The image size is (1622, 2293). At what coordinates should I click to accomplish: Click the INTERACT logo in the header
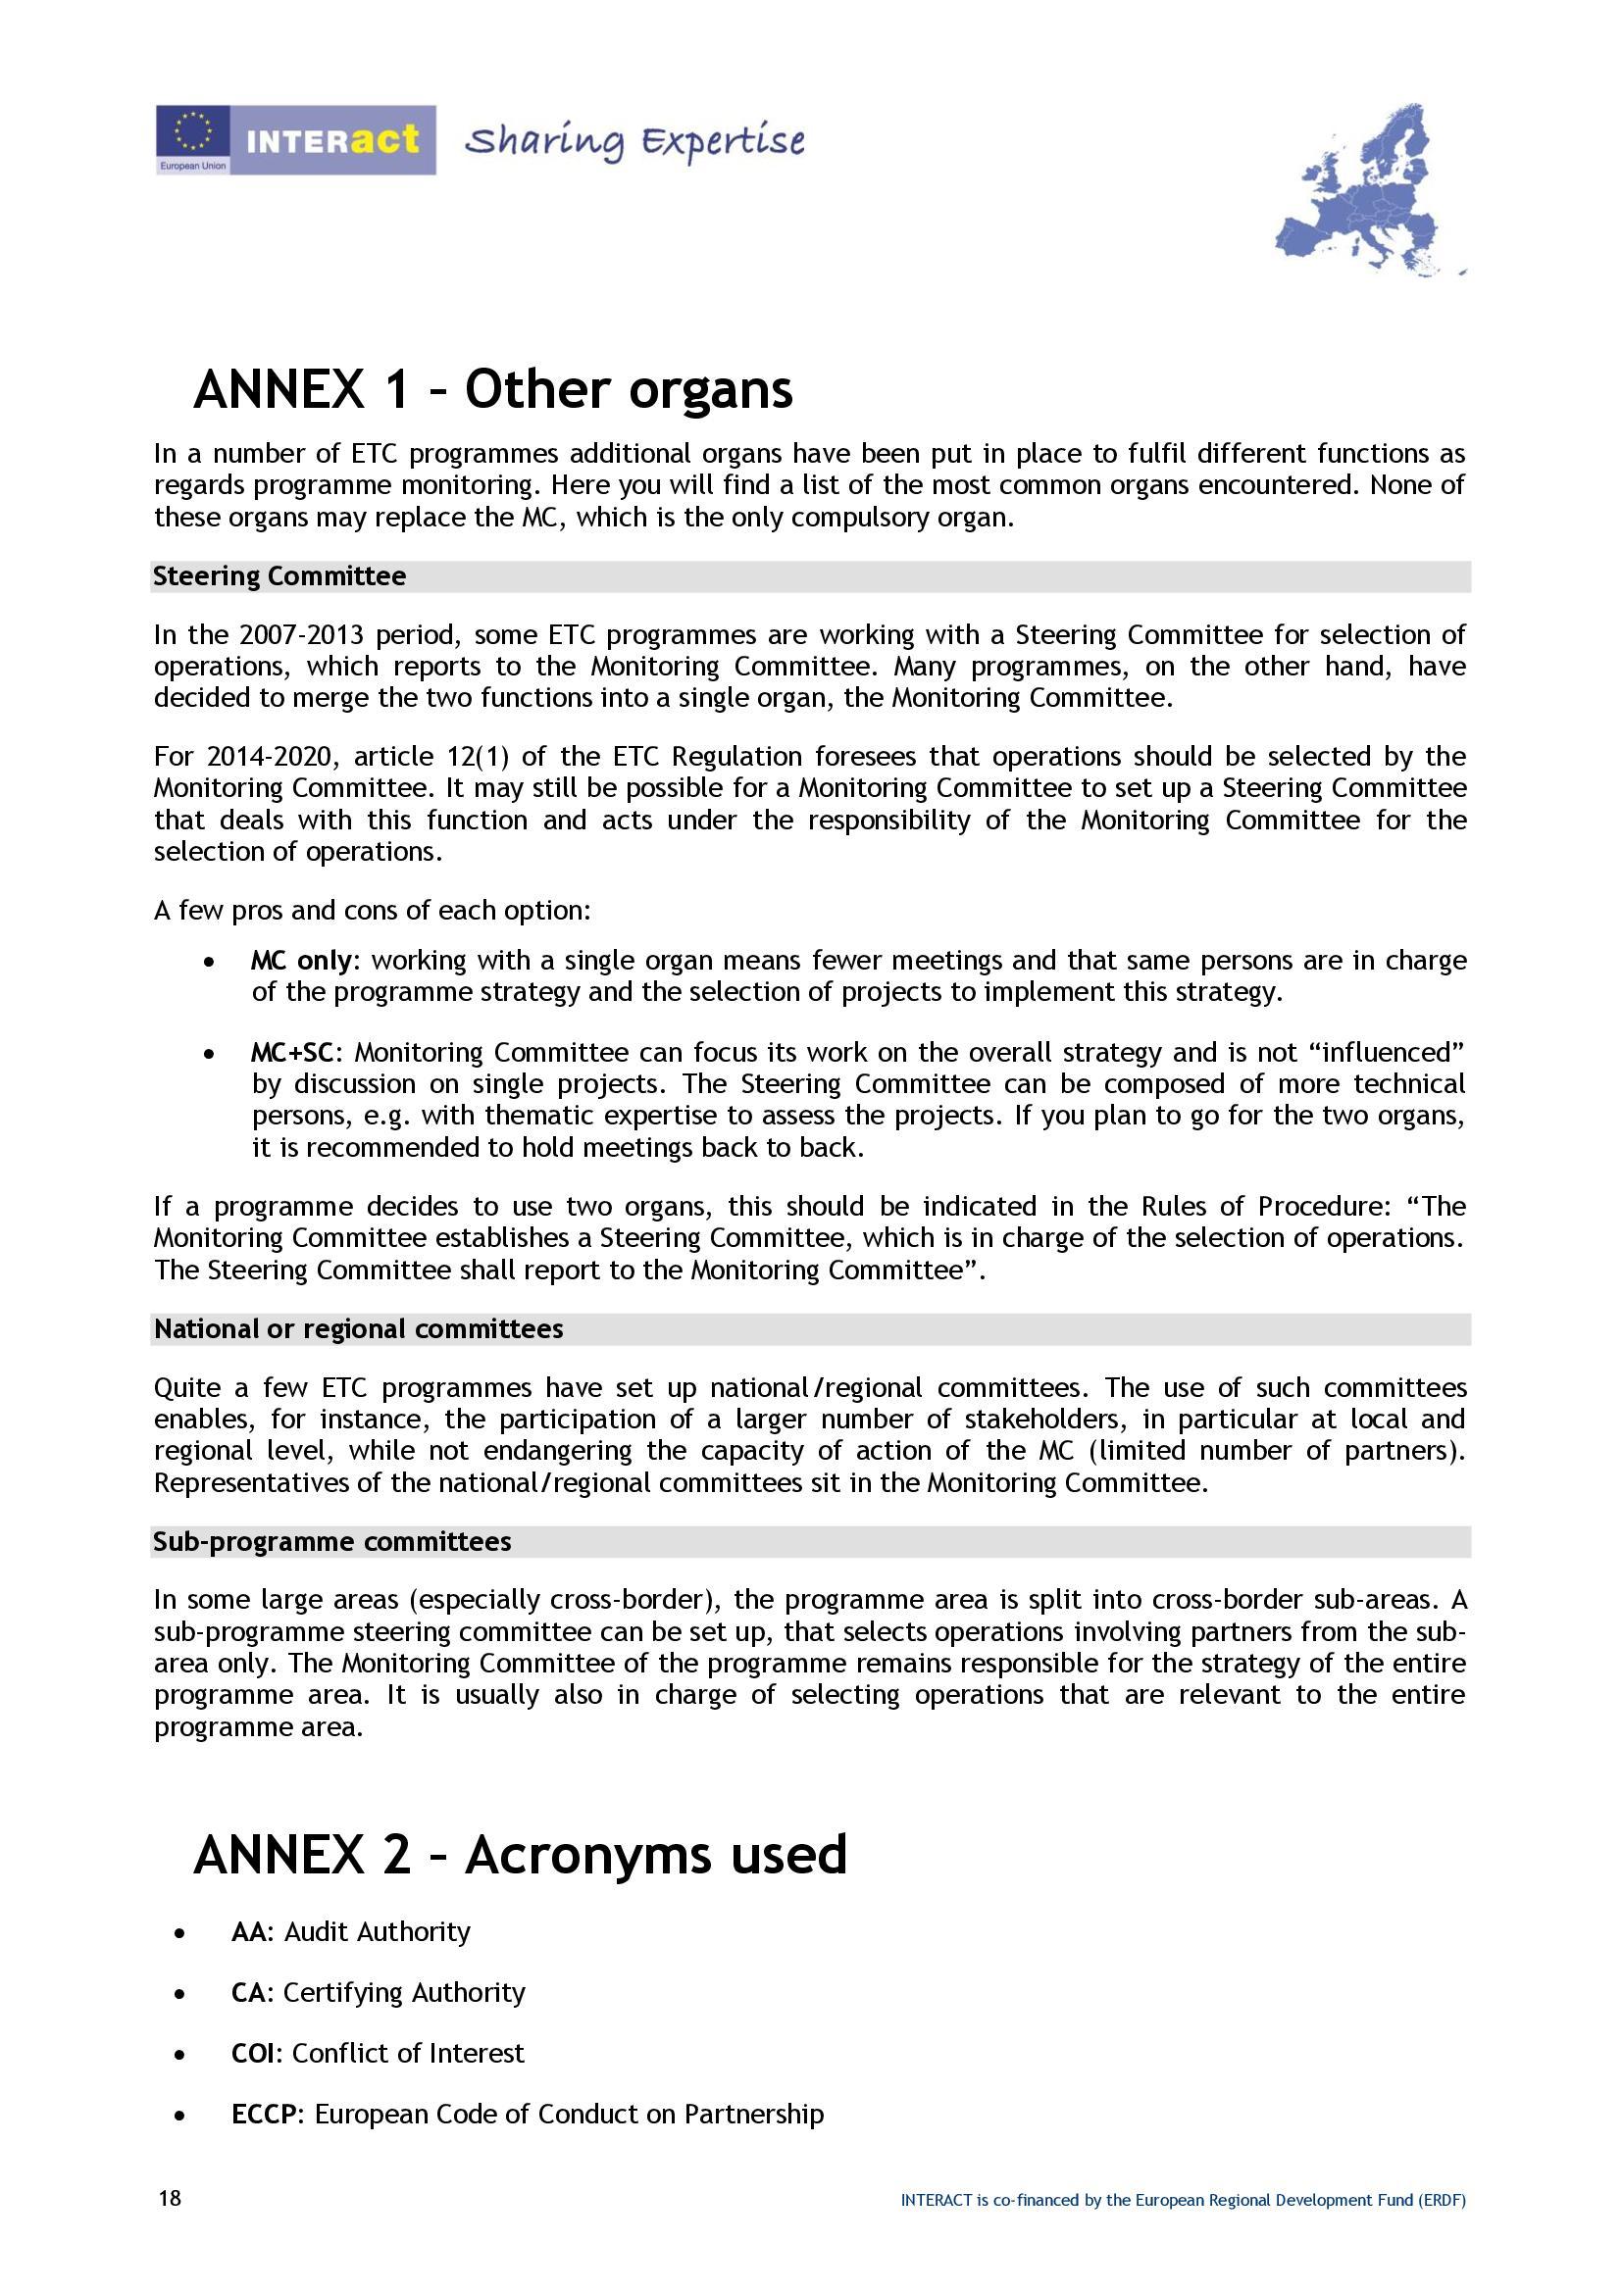pyautogui.click(x=331, y=140)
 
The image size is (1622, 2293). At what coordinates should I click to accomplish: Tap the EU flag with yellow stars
pyautogui.click(x=193, y=132)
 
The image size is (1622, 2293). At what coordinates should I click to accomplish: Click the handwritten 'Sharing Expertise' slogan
pyautogui.click(x=635, y=142)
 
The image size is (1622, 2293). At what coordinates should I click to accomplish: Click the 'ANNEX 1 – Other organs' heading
pyautogui.click(x=492, y=388)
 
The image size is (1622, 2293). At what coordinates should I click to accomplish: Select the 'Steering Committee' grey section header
pyautogui.click(x=279, y=576)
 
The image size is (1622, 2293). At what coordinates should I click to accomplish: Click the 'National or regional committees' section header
pyautogui.click(x=359, y=1329)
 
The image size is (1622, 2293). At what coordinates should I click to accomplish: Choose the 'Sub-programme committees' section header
pyautogui.click(x=332, y=1542)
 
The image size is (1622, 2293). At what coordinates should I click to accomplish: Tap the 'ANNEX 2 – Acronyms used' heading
pyautogui.click(x=520, y=1855)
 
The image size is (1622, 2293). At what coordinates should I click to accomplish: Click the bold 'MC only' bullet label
pyautogui.click(x=301, y=961)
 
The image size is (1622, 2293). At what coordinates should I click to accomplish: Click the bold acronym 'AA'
pyautogui.click(x=249, y=1932)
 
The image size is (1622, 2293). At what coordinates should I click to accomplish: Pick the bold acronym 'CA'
pyautogui.click(x=249, y=1992)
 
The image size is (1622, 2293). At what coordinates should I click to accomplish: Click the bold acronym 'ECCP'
pyautogui.click(x=265, y=2115)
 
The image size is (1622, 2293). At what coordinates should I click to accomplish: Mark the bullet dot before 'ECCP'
pyautogui.click(x=179, y=2116)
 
